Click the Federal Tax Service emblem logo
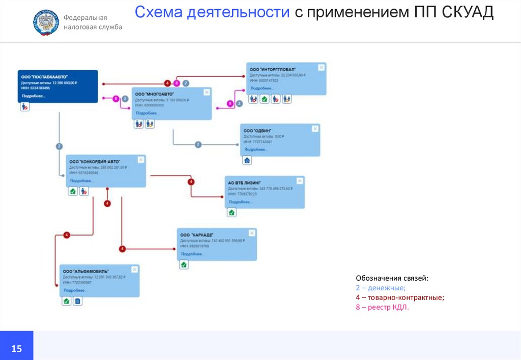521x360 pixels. (46, 22)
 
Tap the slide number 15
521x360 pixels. (17, 348)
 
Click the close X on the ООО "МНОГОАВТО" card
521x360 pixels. (206, 92)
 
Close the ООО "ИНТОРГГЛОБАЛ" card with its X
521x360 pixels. (321, 67)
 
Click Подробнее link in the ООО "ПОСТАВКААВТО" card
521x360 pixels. (34, 96)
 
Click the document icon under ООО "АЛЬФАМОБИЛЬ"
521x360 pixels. (77, 302)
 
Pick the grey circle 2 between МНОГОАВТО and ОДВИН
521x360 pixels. (198, 144)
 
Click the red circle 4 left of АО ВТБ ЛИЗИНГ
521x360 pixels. (191, 182)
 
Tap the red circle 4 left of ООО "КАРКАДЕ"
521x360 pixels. (122, 249)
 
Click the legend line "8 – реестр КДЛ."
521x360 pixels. (382, 307)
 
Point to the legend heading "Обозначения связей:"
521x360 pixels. (392, 278)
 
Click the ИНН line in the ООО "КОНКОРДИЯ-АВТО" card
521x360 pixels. (84, 173)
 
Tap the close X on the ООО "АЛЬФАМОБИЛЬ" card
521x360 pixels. (134, 269)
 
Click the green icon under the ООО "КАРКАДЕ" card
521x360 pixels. (184, 264)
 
